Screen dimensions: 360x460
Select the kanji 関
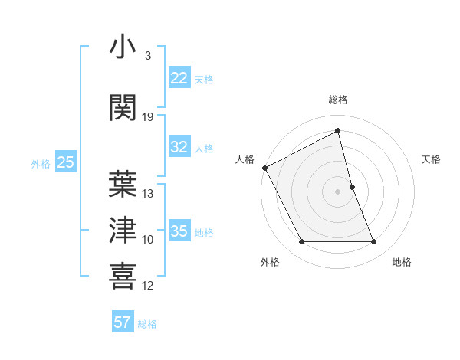coord(123,107)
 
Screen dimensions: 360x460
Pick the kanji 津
coord(123,229)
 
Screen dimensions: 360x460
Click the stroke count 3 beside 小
coord(147,56)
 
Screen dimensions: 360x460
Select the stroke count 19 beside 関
coord(148,117)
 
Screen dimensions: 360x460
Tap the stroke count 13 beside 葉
coord(148,194)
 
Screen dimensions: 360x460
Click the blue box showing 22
coord(179,78)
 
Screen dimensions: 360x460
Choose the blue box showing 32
coord(179,147)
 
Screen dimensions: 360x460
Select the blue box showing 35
coord(179,231)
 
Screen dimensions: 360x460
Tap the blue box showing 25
coord(65,162)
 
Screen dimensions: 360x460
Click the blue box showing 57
coord(122,322)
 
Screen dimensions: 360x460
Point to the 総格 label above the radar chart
coord(337,100)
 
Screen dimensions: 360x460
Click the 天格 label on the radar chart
coord(431,159)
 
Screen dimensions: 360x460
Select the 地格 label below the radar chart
coord(402,262)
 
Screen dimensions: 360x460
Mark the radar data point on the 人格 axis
coord(264,168)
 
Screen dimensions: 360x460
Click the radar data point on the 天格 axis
coord(352,187)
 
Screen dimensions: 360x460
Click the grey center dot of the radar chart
coord(337,191)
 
